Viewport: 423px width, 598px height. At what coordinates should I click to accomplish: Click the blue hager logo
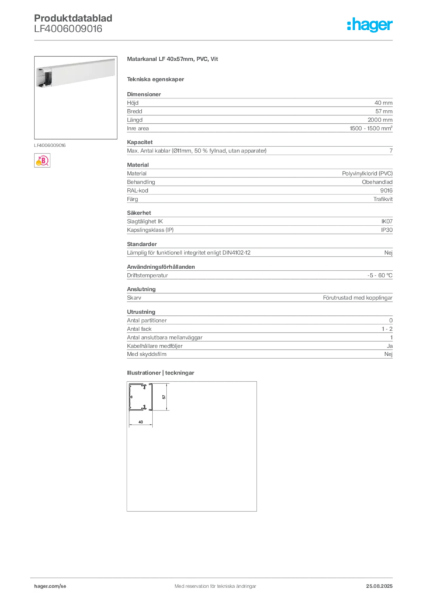(x=370, y=26)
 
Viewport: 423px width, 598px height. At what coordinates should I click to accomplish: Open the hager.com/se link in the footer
(x=50, y=586)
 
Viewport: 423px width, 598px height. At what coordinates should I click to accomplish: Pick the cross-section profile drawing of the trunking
(x=140, y=397)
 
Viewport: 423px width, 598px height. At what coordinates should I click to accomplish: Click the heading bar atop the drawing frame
(x=161, y=373)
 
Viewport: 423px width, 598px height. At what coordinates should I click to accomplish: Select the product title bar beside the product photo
(x=173, y=60)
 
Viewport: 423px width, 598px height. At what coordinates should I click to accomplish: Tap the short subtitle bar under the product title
(x=157, y=79)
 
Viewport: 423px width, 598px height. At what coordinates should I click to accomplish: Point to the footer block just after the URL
(x=210, y=582)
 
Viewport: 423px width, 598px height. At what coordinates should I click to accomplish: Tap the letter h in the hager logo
(x=350, y=25)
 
